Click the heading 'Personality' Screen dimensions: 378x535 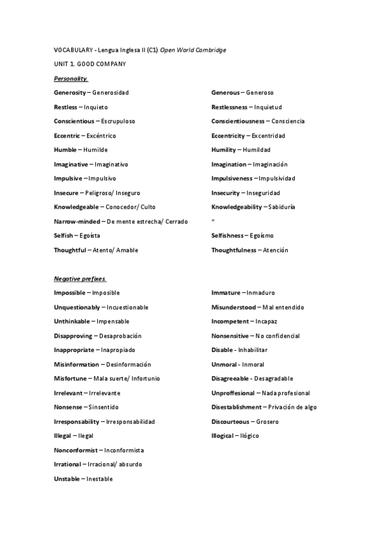(71, 78)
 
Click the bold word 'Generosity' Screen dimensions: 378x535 (70, 93)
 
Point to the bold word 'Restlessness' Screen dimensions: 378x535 (229, 107)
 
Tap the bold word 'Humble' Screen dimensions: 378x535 (66, 150)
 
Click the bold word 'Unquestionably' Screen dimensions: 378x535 (77, 307)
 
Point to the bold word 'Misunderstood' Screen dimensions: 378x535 (233, 307)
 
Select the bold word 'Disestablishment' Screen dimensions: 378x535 (236, 407)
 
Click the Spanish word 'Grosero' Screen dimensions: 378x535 (268, 421)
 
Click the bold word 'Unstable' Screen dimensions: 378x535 (67, 479)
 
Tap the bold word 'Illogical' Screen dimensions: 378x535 (223, 436)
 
